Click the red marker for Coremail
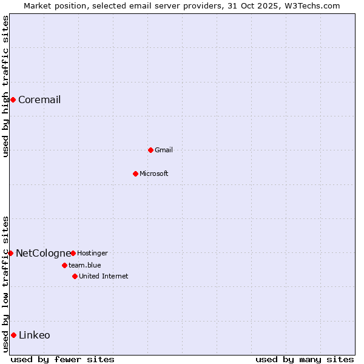click(x=13, y=99)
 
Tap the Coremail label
click(x=39, y=99)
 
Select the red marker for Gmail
click(x=150, y=150)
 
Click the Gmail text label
click(x=164, y=150)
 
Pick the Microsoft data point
click(x=135, y=174)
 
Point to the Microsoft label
click(x=154, y=174)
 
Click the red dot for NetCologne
click(x=10, y=253)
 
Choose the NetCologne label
click(x=43, y=253)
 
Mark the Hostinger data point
click(x=73, y=253)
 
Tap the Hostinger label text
click(x=92, y=253)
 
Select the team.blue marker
click(x=64, y=265)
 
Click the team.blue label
click(x=85, y=265)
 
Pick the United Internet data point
click(x=75, y=276)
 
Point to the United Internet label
click(x=104, y=276)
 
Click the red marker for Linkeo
click(x=13, y=335)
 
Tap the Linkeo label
click(x=35, y=335)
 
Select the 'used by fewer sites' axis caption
click(x=62, y=359)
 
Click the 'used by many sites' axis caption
click(x=305, y=359)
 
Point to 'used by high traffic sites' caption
click(x=5, y=86)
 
